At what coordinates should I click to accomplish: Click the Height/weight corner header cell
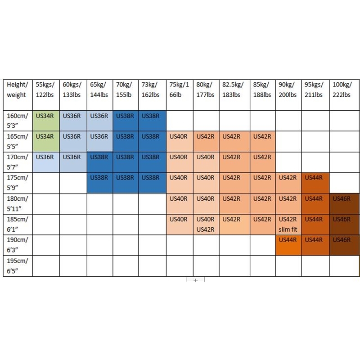[x=18, y=90]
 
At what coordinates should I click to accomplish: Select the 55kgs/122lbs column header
[x=45, y=90]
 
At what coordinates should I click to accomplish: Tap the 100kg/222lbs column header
[x=344, y=90]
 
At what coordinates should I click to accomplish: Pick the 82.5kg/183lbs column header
[x=234, y=90]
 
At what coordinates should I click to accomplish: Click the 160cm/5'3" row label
[x=18, y=121]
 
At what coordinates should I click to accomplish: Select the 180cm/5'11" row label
[x=18, y=203]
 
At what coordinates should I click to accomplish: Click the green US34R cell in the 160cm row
[x=45, y=121]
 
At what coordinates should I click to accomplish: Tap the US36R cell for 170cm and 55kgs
[x=45, y=162]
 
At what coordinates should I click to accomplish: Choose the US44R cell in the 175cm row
[x=315, y=183]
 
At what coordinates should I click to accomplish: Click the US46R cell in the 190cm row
[x=344, y=245]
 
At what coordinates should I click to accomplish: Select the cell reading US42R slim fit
[x=288, y=224]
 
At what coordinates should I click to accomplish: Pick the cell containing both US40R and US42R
[x=206, y=224]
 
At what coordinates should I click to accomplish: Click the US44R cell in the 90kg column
[x=288, y=245]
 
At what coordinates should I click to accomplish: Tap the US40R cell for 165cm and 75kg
[x=180, y=141]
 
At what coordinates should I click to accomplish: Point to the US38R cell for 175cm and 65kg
[x=99, y=183]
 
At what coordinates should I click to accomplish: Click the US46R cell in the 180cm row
[x=344, y=203]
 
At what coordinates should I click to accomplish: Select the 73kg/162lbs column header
[x=152, y=90]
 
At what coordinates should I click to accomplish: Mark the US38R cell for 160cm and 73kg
[x=152, y=121]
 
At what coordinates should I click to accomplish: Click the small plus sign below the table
[x=195, y=280]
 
